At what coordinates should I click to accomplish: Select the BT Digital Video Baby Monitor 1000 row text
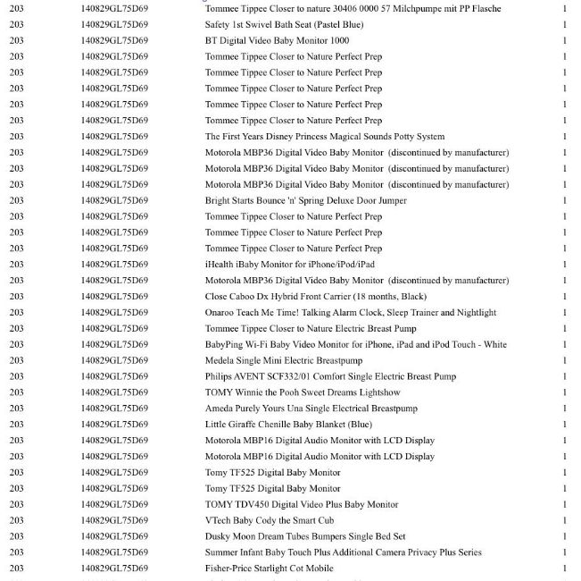click(x=277, y=40)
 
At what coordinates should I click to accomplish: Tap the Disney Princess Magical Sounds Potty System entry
click(x=324, y=137)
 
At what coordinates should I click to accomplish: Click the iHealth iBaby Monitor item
click(x=289, y=265)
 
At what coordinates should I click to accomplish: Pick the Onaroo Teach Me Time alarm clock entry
click(x=350, y=313)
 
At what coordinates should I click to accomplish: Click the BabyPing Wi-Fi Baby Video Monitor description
click(x=355, y=345)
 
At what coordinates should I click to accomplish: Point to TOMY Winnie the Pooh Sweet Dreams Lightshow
click(x=303, y=393)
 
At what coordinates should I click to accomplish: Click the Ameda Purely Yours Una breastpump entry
click(x=311, y=408)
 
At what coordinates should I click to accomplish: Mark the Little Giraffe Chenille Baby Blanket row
click(x=288, y=425)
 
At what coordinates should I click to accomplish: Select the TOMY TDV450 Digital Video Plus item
click(x=302, y=505)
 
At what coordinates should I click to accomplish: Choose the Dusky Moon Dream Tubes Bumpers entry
click(x=305, y=536)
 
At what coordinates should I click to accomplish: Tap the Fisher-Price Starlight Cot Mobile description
click(x=269, y=568)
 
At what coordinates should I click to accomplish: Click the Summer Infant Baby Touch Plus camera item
click(x=343, y=552)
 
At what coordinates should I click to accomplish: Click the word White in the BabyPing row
click(x=494, y=345)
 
